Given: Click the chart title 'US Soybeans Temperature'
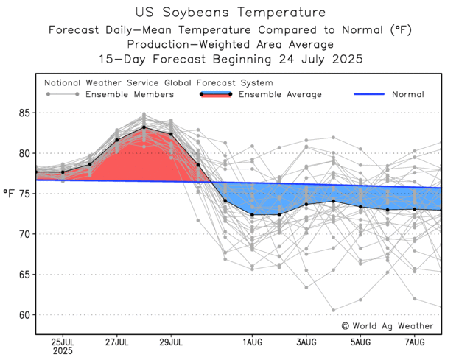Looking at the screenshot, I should pos(230,13).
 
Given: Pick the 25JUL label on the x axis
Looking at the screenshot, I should pos(62,342).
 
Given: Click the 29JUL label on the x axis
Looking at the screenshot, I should pos(171,342).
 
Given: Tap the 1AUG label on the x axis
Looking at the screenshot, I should pos(252,342).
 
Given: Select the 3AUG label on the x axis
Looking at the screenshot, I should pos(306,342).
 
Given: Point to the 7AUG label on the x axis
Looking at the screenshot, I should pos(416,342).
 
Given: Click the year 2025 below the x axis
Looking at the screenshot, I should pos(62,352).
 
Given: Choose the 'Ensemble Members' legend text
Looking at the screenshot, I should pos(130,94).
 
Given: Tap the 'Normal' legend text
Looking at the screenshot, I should pos(407,94).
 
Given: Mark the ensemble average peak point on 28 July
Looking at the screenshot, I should pos(144,127).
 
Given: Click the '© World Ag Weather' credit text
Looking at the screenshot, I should pos(387,325).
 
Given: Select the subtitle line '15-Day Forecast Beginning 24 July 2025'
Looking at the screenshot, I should pos(230,58).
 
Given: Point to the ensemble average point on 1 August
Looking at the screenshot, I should pos(252,215).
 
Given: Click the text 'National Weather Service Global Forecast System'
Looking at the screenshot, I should pos(158,83).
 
